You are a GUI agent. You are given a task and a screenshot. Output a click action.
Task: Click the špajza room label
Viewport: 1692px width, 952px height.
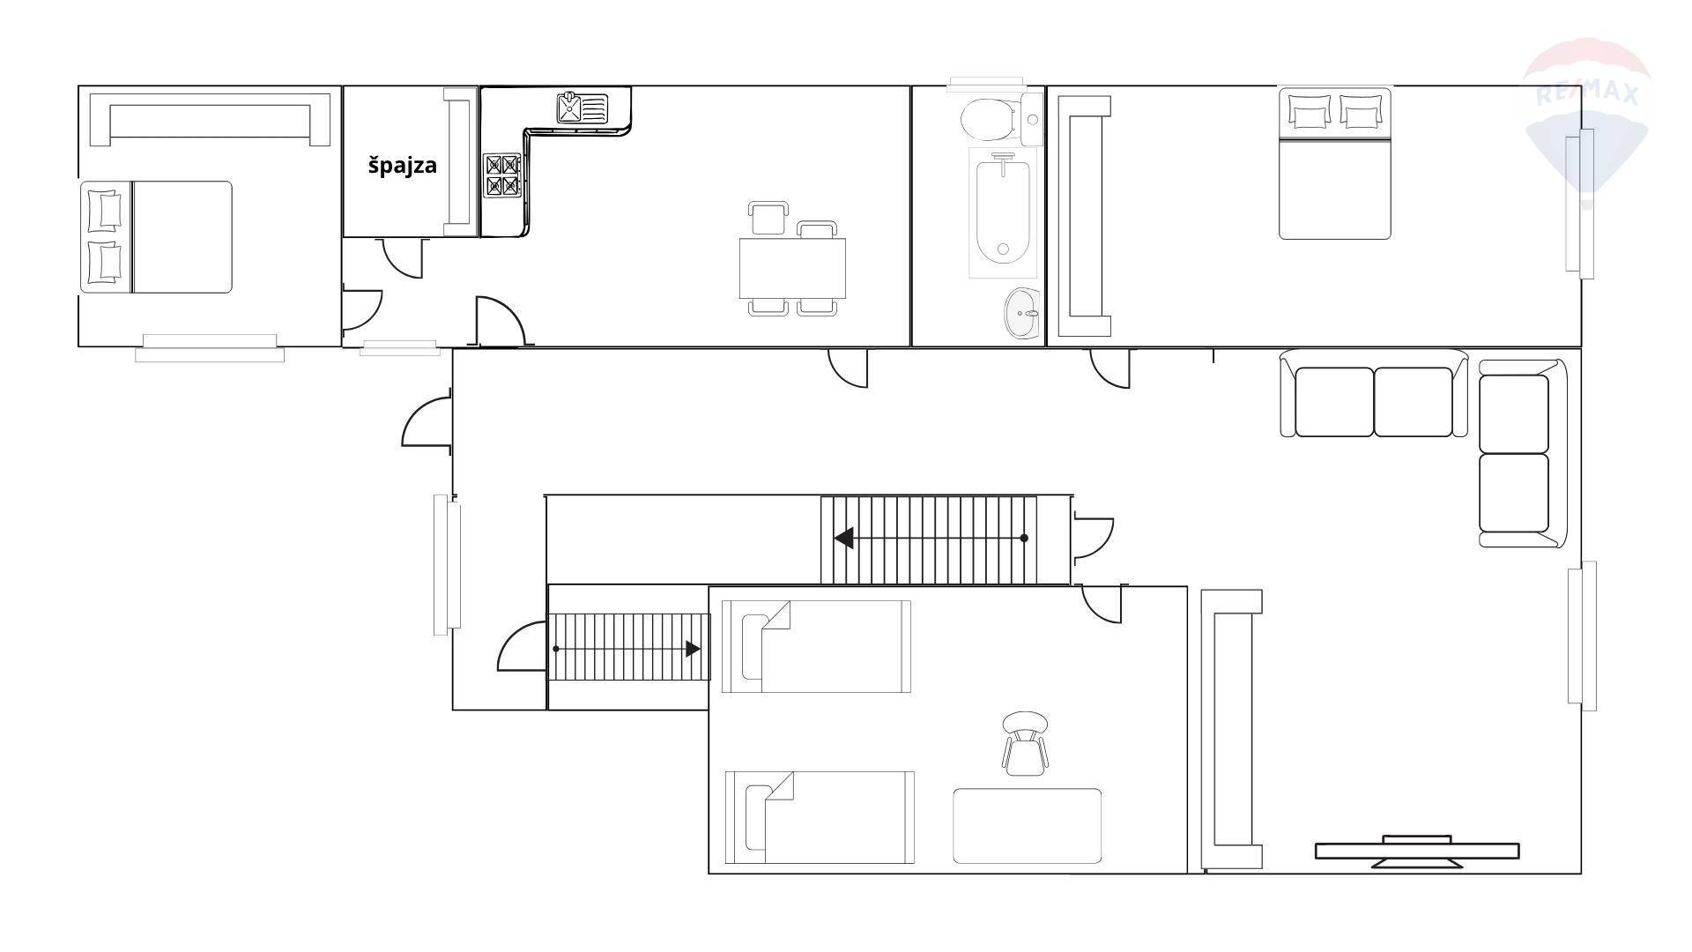pos(402,166)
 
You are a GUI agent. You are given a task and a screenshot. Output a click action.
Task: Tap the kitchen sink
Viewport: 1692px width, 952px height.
pos(583,108)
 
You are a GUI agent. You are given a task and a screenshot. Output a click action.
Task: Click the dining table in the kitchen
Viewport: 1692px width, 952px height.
pos(792,268)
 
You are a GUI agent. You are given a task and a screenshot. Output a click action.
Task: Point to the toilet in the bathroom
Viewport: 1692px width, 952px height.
pos(990,119)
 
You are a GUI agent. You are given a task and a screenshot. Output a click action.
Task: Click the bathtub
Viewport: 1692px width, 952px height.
pos(1003,211)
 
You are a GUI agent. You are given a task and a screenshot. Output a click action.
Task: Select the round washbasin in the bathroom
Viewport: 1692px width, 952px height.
pos(1021,313)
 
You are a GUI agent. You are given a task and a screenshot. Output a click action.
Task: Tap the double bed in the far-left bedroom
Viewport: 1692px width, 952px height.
pos(156,237)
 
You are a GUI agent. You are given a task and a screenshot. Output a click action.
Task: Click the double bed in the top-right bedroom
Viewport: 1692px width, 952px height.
pos(1335,163)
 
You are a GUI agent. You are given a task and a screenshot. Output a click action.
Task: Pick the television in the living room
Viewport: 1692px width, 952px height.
pos(1417,852)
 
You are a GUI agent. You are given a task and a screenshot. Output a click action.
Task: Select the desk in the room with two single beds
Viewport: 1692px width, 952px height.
pos(1027,826)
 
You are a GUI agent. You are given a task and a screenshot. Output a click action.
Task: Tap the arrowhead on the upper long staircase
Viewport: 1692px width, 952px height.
pos(843,538)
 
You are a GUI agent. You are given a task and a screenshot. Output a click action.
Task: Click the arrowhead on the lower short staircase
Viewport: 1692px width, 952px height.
pos(694,649)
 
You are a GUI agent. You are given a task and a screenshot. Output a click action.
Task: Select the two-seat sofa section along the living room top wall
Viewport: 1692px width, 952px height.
pos(1373,394)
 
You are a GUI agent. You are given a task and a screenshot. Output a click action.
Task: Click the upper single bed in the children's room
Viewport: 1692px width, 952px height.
pos(816,647)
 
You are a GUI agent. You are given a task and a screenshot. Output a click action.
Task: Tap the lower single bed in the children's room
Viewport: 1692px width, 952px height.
pos(820,818)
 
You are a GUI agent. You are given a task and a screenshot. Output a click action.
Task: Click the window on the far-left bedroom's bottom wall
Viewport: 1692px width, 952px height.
pos(210,347)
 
